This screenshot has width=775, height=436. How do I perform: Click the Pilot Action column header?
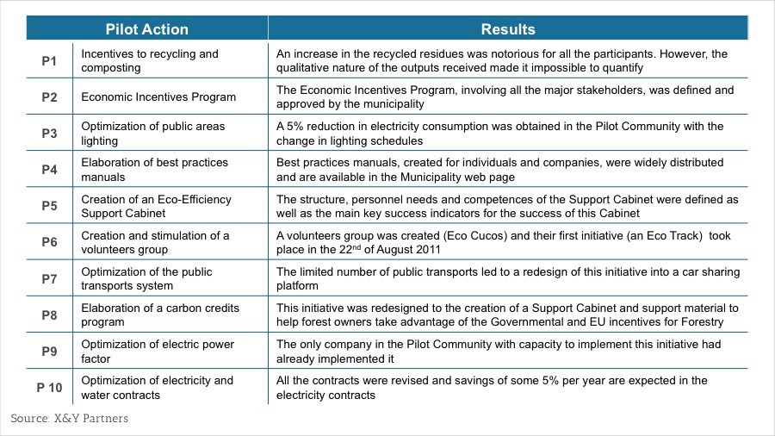tap(146, 29)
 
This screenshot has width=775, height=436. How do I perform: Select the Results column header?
tap(507, 29)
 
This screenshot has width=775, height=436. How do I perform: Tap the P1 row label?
tap(49, 61)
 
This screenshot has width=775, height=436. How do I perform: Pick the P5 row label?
tap(49, 206)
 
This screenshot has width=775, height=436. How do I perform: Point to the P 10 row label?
tap(49, 388)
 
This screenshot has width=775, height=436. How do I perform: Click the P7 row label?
tap(49, 279)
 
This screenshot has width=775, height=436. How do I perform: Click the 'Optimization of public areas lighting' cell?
tap(153, 134)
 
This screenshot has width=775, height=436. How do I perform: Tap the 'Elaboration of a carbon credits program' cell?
tap(160, 315)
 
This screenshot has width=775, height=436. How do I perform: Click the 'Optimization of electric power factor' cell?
tap(158, 352)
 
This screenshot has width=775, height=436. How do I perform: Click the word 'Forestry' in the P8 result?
tap(699, 322)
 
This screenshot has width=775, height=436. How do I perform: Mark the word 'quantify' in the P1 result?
tap(621, 68)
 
